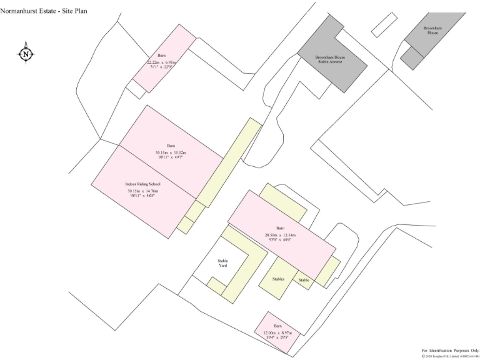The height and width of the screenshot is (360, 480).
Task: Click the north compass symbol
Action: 26,54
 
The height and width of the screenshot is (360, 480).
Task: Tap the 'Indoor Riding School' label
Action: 143,184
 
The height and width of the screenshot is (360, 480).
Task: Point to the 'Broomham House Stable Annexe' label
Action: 331,59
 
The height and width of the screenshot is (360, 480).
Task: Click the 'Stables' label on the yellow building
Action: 278,279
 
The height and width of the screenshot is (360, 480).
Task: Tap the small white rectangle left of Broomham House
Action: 384,24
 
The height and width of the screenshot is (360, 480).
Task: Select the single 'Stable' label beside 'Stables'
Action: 304,280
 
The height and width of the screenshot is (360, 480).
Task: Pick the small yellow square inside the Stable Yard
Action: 216,286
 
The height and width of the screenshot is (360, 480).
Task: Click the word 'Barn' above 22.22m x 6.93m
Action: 161,56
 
